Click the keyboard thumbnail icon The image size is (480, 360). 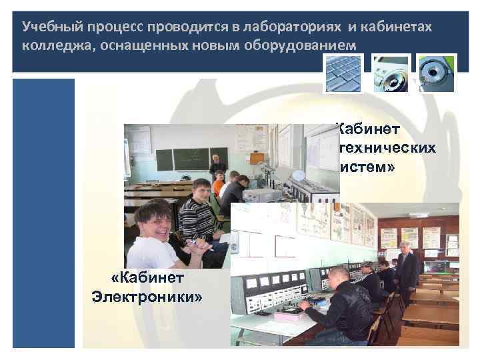pos(343,73)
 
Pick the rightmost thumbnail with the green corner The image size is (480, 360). pos(436,73)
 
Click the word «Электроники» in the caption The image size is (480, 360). pos(147,295)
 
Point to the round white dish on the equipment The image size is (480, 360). pos(299,175)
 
